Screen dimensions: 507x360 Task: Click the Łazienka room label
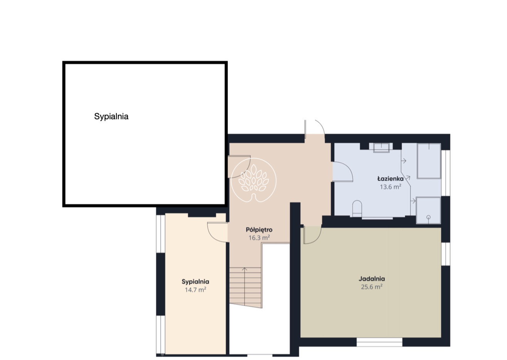(391, 179)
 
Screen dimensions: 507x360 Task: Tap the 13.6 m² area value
(391, 187)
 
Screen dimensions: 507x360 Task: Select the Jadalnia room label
(372, 279)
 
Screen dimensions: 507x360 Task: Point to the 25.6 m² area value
(372, 287)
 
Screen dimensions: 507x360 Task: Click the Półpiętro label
(259, 230)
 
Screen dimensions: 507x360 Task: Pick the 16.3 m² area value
(259, 238)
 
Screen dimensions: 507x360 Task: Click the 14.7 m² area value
(195, 290)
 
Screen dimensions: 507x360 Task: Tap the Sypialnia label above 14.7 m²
(195, 282)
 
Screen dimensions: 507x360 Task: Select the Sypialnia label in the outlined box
(111, 116)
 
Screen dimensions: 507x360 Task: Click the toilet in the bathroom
(357, 209)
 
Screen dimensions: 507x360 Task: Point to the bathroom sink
(381, 148)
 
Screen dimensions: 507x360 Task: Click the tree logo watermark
(254, 180)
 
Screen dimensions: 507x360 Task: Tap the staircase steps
(245, 287)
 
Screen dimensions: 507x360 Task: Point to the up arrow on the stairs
(244, 269)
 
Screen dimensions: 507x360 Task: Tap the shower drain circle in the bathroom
(428, 217)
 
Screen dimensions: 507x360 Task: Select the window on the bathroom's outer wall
(445, 173)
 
